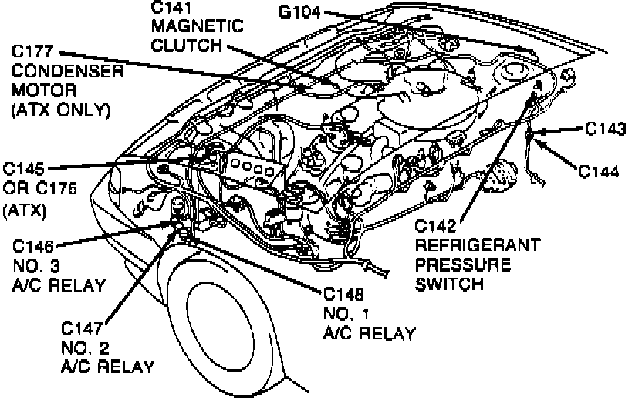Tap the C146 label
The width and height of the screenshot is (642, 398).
pos(34,247)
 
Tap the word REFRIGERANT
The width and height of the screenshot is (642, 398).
pos(477,245)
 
